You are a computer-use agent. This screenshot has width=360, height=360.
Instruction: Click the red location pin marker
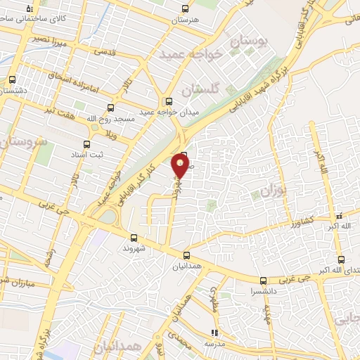click(181, 166)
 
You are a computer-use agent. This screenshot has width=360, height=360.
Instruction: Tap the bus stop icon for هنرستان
click(185, 9)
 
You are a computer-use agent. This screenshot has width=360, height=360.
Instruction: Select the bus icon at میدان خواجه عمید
click(168, 101)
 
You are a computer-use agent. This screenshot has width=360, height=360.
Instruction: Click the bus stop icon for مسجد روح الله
click(110, 108)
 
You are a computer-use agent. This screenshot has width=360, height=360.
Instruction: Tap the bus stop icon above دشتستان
click(12, 79)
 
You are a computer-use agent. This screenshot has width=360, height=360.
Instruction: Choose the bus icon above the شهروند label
click(134, 238)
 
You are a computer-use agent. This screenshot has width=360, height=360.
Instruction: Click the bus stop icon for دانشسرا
click(263, 279)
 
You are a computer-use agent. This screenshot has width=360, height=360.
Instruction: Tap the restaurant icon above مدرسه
click(214, 333)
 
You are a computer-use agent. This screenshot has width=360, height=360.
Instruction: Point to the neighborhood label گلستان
click(200, 89)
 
